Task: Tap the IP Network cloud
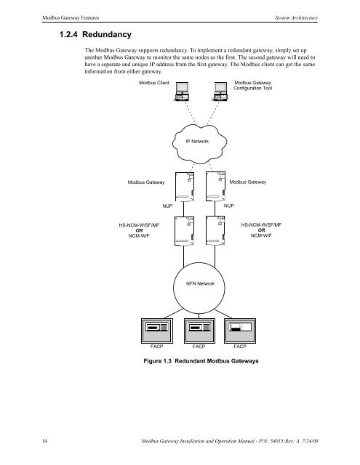(197, 141)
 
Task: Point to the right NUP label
(229, 207)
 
